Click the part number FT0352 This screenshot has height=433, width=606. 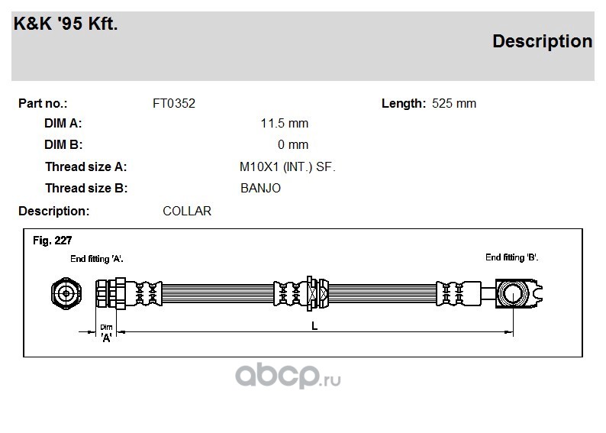[174, 104]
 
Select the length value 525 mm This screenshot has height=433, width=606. [453, 104]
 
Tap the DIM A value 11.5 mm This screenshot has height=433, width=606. [285, 123]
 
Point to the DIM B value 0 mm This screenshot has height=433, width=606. [293, 144]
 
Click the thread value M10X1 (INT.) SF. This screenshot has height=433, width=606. [288, 167]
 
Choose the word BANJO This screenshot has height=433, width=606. [260, 189]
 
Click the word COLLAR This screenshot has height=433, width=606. [187, 211]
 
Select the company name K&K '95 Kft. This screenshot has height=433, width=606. [66, 24]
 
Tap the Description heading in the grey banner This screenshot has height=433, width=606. [542, 42]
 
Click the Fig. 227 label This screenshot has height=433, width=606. [52, 241]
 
